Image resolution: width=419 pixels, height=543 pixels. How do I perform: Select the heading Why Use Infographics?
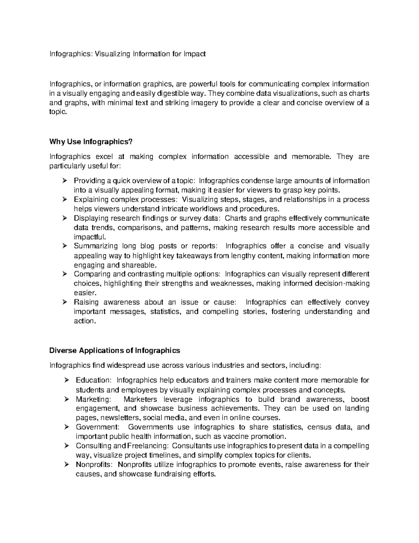click(91, 142)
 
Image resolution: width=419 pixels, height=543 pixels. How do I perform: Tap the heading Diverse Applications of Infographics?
click(115, 350)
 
